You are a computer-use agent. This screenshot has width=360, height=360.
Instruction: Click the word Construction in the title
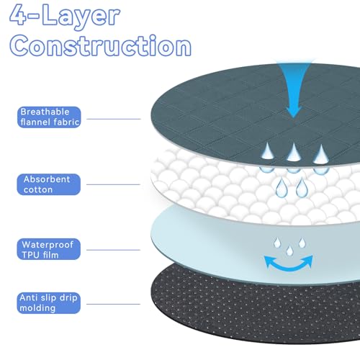tap(100, 45)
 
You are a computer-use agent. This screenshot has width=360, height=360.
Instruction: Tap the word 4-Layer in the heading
tap(65, 16)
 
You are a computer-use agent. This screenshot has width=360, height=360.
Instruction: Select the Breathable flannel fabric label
tap(49, 117)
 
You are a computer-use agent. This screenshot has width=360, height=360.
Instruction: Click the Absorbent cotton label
tap(49, 184)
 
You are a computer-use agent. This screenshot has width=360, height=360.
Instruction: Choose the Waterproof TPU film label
tap(49, 249)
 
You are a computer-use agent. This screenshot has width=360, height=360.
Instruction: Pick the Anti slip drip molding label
tap(49, 303)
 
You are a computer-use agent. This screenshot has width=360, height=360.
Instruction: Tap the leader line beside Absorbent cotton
tap(113, 184)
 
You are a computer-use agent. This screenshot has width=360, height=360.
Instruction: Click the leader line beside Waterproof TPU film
tap(113, 250)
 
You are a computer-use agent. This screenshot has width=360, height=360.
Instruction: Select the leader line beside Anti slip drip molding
tap(113, 304)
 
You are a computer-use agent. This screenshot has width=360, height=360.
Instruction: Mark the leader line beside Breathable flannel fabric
tap(114, 119)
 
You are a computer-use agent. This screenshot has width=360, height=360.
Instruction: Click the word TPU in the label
tap(30, 255)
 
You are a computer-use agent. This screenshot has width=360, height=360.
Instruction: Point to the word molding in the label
tap(37, 308)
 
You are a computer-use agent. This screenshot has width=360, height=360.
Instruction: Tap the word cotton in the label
tap(38, 190)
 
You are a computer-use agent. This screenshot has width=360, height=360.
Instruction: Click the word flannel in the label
tap(35, 122)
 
